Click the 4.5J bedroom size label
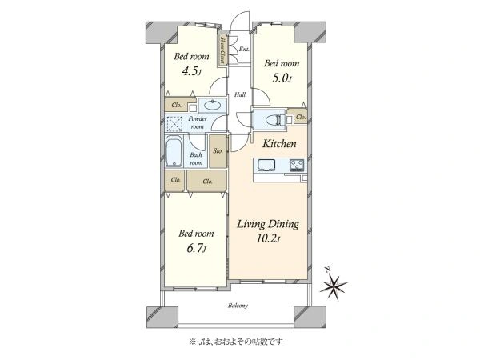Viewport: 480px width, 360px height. coord(192,72)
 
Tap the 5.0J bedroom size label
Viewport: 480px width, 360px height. coord(282,78)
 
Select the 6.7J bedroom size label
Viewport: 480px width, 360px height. coord(196,249)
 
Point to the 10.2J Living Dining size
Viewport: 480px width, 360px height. coord(268,238)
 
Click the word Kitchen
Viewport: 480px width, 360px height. coord(279,143)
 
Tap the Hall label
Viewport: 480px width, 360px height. coord(240,94)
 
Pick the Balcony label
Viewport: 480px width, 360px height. coord(238,306)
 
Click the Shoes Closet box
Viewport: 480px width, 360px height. coord(223,51)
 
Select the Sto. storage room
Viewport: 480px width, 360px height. coord(218,151)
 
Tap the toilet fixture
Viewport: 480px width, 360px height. coord(274,120)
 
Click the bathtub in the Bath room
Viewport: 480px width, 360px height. coord(174,152)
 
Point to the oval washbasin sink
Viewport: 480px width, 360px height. coord(213,106)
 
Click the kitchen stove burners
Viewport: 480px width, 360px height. coord(297,165)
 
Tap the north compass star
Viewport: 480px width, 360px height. coord(333,286)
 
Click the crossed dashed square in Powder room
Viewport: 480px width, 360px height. coord(174,124)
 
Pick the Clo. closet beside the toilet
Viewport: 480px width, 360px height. coord(301,117)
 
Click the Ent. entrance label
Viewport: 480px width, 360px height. coord(244,49)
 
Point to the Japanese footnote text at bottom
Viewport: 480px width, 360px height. coord(236,341)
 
